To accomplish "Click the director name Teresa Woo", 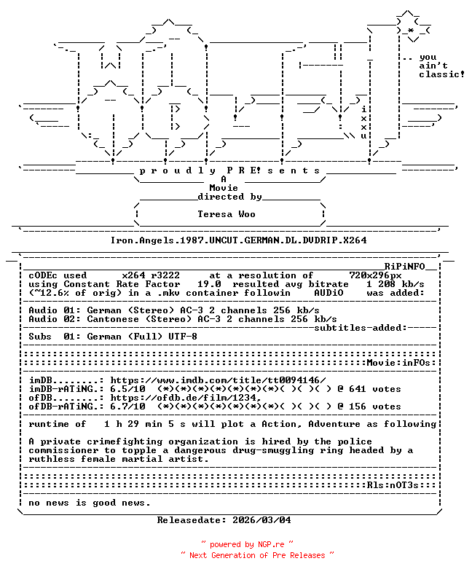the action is click(227, 214).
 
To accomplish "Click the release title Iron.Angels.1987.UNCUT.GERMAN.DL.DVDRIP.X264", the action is click(238, 240).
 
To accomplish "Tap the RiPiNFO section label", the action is click(405, 267).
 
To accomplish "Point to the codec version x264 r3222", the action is click(151, 275).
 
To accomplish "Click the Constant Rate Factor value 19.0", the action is click(209, 284).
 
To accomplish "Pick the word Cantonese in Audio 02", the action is click(113, 319).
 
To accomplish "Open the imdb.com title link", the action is click(218, 380).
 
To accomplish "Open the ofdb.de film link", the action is click(186, 398).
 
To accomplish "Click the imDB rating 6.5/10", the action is click(127, 389).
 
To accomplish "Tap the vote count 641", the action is click(357, 389).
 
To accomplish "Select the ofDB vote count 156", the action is click(357, 407).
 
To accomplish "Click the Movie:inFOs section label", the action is click(398, 363).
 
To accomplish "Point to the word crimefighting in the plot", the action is click(125, 441).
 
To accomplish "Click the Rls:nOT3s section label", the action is click(393, 485).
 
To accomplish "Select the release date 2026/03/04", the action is click(261, 520).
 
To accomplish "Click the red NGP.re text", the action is click(271, 544).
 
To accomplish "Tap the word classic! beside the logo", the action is click(441, 74).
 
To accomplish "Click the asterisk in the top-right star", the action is click(411, 31).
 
